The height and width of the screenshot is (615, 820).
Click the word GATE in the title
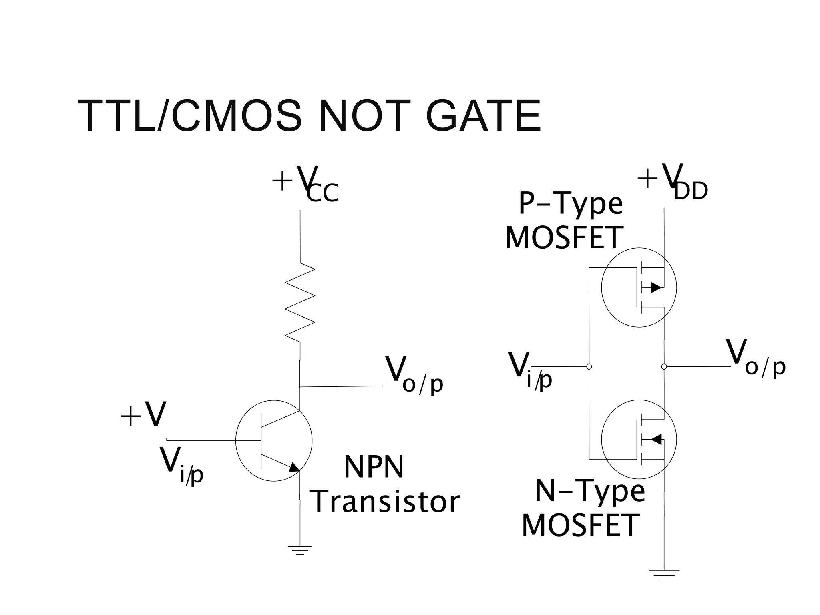[x=483, y=116]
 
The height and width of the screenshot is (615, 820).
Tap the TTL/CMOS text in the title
[x=190, y=116]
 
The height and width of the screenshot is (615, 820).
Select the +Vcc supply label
[x=305, y=184]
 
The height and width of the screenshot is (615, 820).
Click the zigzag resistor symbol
[x=300, y=302]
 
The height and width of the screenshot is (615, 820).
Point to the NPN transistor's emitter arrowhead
[x=294, y=467]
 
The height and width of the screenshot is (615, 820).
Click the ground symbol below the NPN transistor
[x=300, y=550]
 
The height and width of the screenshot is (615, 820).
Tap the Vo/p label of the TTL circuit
[x=414, y=375]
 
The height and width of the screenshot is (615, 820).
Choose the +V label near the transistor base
[x=143, y=415]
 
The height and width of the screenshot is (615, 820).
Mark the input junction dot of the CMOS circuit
[x=589, y=366]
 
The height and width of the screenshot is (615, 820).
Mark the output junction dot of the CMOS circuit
[x=664, y=366]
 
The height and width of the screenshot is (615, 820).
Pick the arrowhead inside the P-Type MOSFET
[x=655, y=287]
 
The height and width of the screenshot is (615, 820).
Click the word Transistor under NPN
[x=385, y=502]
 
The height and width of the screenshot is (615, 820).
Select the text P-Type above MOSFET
[x=570, y=204]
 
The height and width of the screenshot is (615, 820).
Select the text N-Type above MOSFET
[x=590, y=492]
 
